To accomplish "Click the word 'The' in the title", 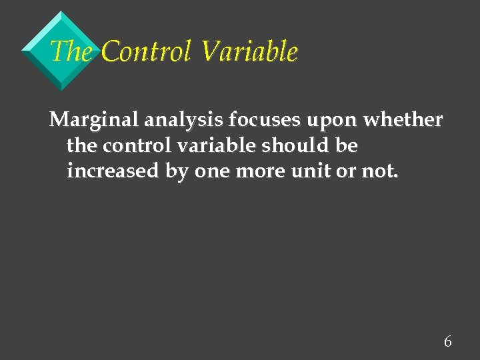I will click(x=71, y=51).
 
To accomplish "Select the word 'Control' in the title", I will click(x=147, y=51).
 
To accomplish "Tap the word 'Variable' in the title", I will click(x=248, y=51).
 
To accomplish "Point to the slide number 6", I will click(x=447, y=342).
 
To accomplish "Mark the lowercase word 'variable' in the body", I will click(x=214, y=145).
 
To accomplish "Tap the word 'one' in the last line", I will click(x=209, y=172).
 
